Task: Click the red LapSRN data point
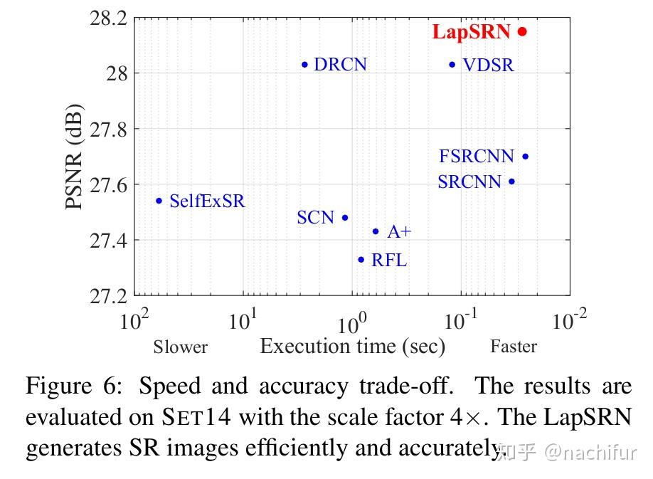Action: [522, 31]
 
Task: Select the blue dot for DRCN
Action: [304, 65]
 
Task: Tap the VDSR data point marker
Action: [452, 65]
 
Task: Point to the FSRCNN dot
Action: [525, 157]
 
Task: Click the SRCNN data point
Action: [511, 181]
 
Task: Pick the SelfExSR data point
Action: [159, 201]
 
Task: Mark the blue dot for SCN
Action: [345, 218]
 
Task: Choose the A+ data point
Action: [376, 231]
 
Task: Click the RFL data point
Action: [361, 260]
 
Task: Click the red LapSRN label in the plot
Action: [471, 32]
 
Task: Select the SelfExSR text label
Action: [207, 201]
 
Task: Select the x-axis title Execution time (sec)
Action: [352, 347]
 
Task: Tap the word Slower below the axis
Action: [180, 347]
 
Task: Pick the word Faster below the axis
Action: [513, 347]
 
